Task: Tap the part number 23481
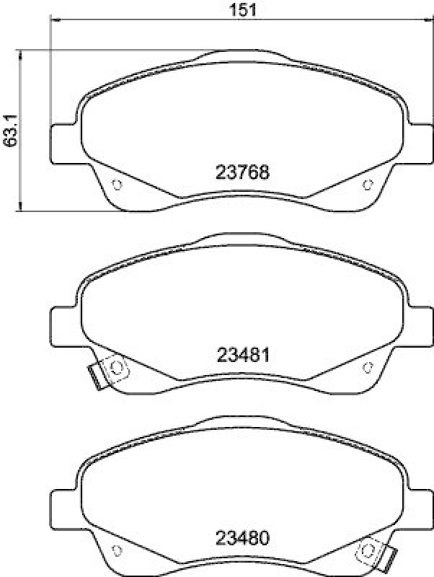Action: [x=242, y=356]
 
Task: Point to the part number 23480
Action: [x=242, y=537]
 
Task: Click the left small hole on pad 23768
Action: [x=118, y=185]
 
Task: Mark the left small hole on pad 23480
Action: [x=118, y=552]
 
